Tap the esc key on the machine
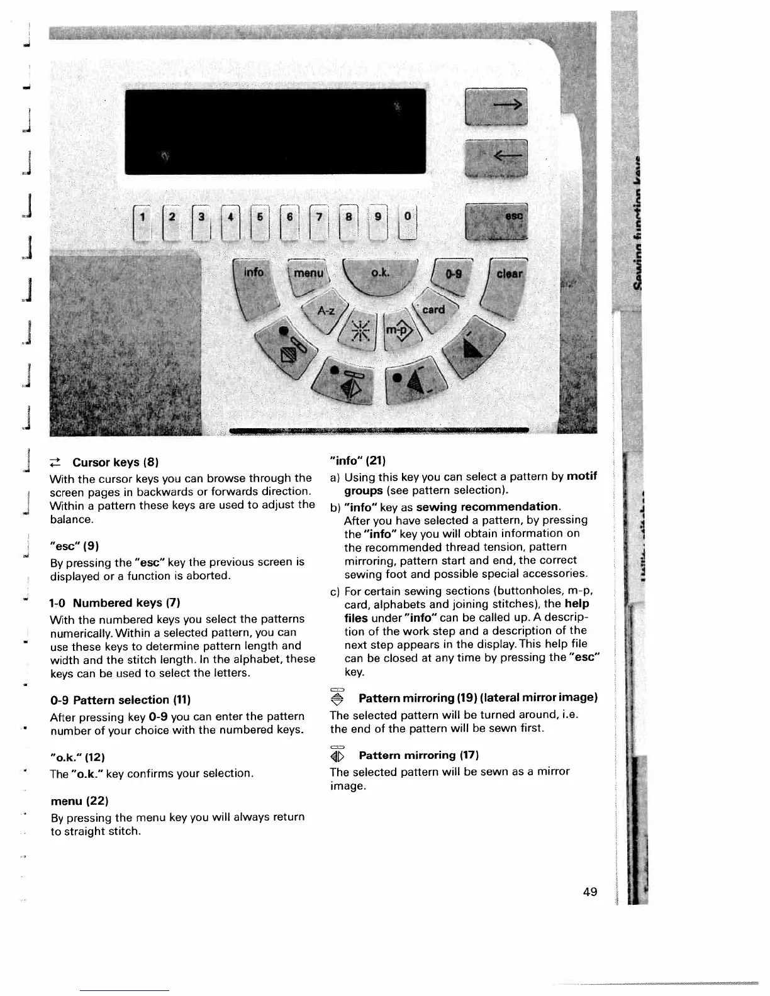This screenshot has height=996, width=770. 496,221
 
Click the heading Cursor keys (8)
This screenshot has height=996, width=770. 106,462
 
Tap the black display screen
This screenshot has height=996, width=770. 276,131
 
